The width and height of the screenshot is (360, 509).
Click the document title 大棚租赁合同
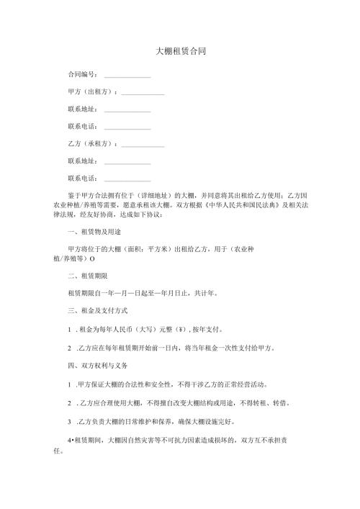tap(180, 52)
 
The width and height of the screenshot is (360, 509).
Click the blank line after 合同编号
tap(127, 75)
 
